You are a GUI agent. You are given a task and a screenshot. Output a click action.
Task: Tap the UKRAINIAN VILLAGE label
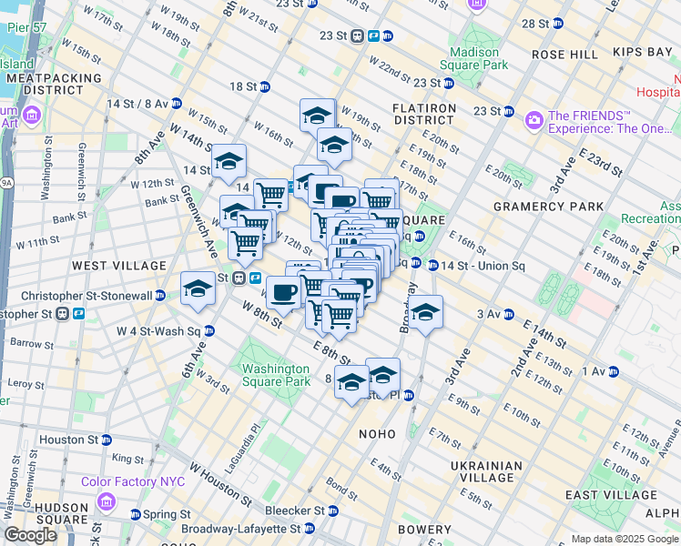coord(486,471)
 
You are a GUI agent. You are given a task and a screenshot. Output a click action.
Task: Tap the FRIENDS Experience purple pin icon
coord(534,118)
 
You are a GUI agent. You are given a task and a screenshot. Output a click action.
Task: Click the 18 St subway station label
coord(243,86)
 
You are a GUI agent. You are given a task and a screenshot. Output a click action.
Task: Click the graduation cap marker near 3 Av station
coord(425,313)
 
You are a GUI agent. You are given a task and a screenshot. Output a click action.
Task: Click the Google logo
coord(30,535)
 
